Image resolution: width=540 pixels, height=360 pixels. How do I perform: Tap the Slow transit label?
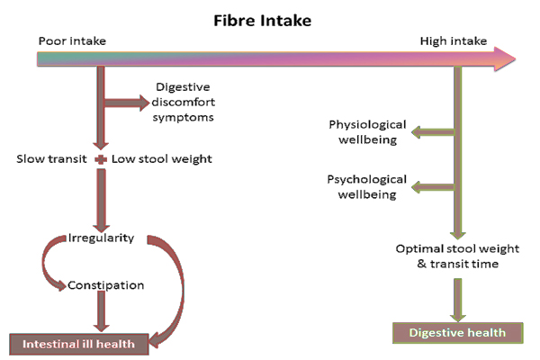click(50, 159)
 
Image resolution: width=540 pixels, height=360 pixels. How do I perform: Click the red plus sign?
click(101, 159)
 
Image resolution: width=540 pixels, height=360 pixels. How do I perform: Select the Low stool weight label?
click(161, 159)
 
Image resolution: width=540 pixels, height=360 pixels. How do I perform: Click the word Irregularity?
click(101, 238)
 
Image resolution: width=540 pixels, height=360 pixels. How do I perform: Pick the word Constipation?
click(105, 285)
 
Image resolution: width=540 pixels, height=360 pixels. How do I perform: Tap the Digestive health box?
click(457, 333)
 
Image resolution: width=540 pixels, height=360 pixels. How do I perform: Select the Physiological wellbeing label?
click(367, 132)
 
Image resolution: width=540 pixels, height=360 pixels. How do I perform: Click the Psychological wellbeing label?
click(367, 186)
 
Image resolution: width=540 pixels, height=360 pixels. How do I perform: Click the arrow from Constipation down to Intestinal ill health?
click(102, 312)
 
